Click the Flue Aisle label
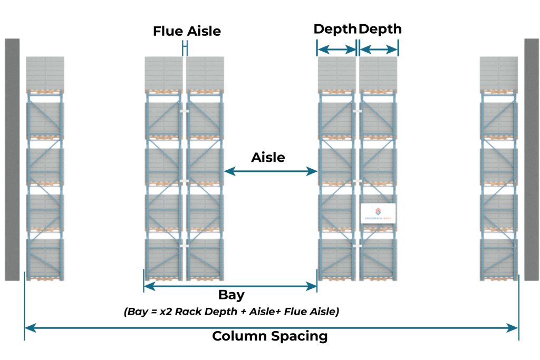point(187,31)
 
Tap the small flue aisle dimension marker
point(184,48)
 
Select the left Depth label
point(335,29)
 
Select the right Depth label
point(380,29)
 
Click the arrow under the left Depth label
point(337,50)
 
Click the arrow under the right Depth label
point(379,50)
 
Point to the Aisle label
point(268,157)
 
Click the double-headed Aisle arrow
point(271,171)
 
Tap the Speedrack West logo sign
point(378,213)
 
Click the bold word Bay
point(231,295)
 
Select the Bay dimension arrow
point(230,286)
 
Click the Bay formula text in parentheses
point(232,312)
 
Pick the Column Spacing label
point(269,336)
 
